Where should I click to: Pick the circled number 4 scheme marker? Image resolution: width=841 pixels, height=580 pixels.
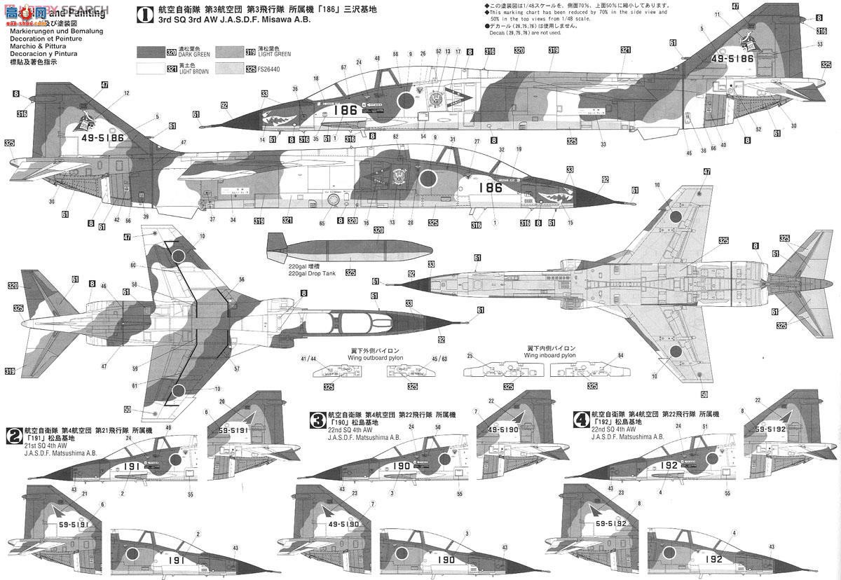coord(581,420)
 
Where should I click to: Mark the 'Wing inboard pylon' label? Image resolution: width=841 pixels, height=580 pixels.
coord(551,355)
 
